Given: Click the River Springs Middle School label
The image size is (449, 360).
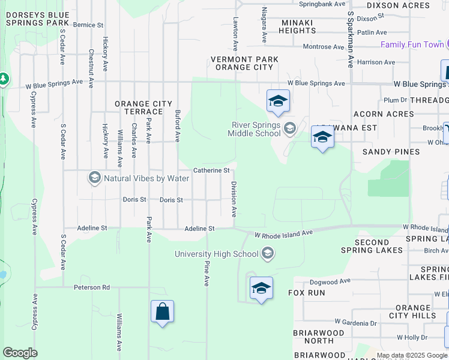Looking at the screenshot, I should [256, 129].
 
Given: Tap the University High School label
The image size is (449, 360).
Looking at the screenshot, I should [217, 254].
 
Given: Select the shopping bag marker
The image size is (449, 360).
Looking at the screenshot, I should [162, 312].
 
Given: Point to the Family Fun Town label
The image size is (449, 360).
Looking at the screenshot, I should [412, 44].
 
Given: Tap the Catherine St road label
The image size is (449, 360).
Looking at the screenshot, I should [211, 170].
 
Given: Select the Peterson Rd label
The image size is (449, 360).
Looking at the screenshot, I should [91, 287].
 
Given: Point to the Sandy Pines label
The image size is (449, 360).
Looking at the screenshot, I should [391, 152].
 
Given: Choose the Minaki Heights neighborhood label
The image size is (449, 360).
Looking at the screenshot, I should [289, 26].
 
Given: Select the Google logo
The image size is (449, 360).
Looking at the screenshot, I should [20, 353].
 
